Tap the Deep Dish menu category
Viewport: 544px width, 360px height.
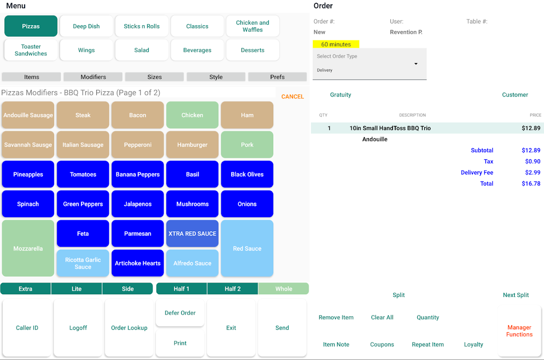tap(86, 26)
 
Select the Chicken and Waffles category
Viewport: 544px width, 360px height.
tap(253, 26)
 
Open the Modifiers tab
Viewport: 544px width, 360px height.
tap(93, 77)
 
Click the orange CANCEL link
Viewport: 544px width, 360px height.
tap(292, 97)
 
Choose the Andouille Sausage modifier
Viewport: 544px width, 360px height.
tap(28, 115)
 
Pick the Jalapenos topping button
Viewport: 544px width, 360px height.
tap(138, 204)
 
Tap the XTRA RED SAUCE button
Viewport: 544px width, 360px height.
tap(192, 234)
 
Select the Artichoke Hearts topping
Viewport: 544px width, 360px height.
tap(138, 263)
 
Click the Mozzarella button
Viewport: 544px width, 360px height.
tap(28, 248)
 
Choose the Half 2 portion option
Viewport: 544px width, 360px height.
tap(232, 289)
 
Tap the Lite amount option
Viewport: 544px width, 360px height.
tap(76, 289)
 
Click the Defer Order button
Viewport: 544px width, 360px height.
tap(180, 313)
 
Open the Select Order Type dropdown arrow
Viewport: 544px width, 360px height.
tap(416, 64)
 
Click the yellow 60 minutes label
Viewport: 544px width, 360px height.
tap(336, 45)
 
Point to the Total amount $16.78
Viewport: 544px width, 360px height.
tap(531, 184)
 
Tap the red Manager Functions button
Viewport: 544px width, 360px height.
tap(519, 331)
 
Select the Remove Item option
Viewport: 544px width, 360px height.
tap(336, 317)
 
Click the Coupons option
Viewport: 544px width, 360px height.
tap(382, 344)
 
